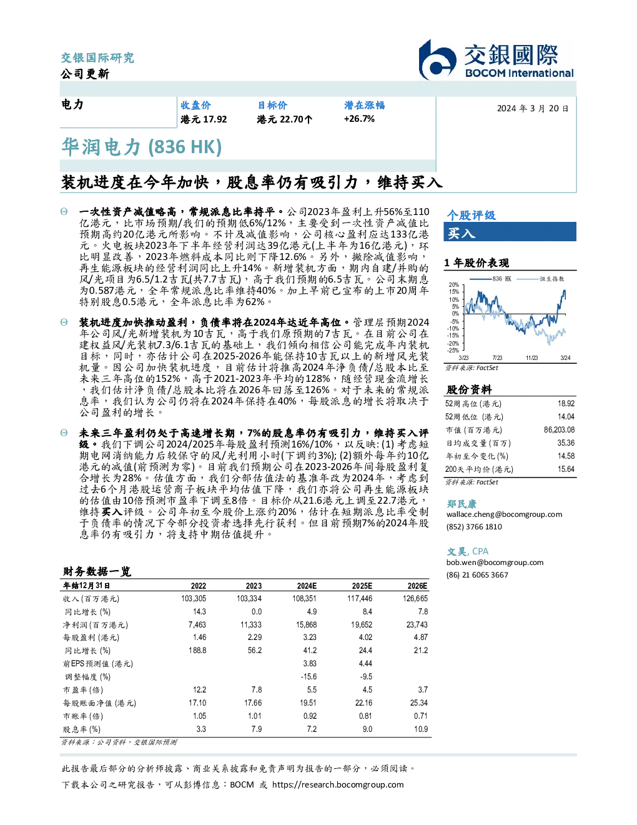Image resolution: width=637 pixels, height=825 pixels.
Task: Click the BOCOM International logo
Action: click(496, 59)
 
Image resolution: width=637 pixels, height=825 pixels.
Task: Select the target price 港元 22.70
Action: click(284, 119)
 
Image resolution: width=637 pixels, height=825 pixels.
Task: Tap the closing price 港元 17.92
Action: click(204, 119)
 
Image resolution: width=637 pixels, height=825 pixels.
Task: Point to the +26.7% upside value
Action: click(359, 119)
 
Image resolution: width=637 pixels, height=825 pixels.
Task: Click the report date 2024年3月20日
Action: click(533, 109)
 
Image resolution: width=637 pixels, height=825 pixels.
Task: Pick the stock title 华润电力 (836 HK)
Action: click(142, 147)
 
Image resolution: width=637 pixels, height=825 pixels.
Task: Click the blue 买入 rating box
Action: click(510, 232)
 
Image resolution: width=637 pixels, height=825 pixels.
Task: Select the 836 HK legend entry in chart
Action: click(490, 279)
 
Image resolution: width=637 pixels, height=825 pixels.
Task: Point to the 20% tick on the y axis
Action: click(454, 285)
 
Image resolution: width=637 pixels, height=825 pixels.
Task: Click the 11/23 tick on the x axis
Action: click(531, 357)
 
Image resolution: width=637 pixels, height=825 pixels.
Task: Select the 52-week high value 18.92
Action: click(566, 404)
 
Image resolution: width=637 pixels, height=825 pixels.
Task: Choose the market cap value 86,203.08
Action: click(559, 430)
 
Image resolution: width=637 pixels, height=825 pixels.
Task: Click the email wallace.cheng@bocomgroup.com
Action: click(504, 514)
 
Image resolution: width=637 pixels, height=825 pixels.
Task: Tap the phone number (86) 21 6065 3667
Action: click(477, 575)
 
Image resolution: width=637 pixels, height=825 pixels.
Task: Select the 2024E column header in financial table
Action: click(307, 586)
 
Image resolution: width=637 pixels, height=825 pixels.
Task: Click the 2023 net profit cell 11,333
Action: click(251, 624)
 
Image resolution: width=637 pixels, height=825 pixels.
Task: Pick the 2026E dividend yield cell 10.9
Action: click(421, 729)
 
